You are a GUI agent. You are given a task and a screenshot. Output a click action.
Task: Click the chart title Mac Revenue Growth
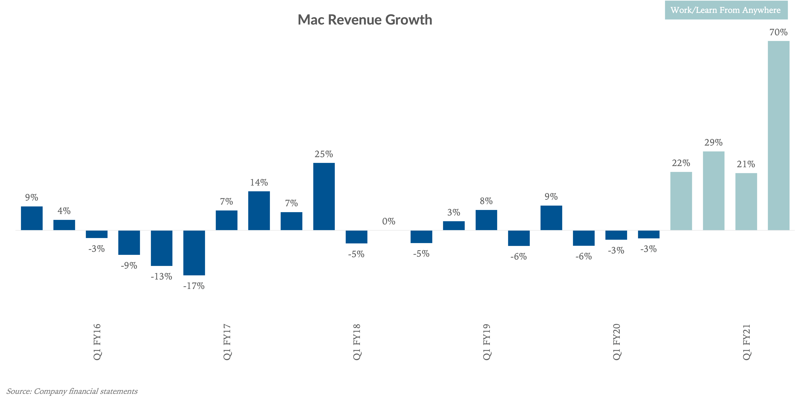(x=365, y=20)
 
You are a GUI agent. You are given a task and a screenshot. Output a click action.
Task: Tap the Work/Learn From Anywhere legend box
(x=726, y=10)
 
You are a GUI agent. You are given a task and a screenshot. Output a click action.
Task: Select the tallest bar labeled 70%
(x=779, y=135)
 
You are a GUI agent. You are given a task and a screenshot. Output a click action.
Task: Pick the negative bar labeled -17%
(x=194, y=253)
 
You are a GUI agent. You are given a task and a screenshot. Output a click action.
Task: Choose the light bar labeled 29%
(x=714, y=191)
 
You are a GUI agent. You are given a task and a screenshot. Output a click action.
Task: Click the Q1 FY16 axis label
(x=97, y=342)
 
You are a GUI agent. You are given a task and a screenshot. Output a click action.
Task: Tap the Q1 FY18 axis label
(x=357, y=342)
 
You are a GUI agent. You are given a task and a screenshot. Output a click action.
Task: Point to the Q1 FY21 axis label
(x=746, y=342)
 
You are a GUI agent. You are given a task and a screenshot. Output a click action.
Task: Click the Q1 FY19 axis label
(x=486, y=342)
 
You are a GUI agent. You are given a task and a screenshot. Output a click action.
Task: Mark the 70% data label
(x=778, y=32)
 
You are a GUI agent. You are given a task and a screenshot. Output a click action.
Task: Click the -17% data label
(x=194, y=286)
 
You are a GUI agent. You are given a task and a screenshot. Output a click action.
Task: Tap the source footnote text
(x=72, y=391)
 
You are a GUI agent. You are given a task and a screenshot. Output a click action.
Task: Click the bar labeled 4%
(x=64, y=225)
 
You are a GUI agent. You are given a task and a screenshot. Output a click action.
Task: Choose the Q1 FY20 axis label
(x=616, y=342)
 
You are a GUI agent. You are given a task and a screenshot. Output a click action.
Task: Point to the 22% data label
(x=681, y=163)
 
